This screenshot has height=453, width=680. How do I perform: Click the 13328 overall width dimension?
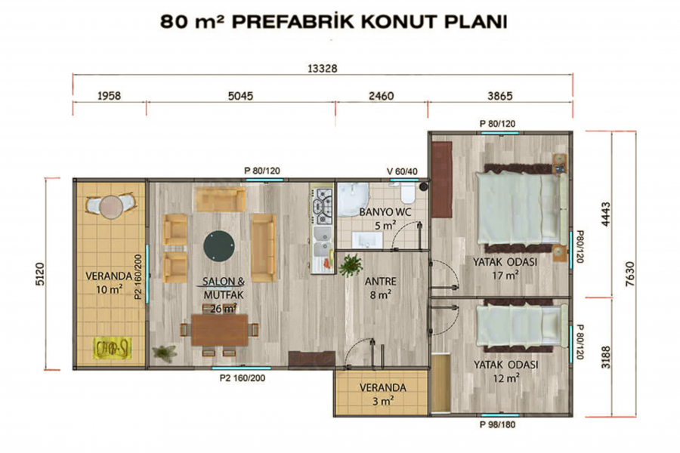pos(323,68)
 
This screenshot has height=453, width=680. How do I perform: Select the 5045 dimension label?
pos(240,96)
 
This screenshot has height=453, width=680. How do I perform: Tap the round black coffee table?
pos(219,245)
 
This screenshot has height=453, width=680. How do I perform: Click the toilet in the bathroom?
pos(407,195)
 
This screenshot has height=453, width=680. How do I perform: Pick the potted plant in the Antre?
pos(350,265)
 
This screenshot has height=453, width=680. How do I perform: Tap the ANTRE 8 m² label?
pos(379,288)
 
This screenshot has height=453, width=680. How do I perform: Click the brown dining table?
pos(219,330)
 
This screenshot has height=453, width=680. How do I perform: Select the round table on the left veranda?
pos(111,205)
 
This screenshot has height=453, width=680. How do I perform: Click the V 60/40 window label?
pos(401,171)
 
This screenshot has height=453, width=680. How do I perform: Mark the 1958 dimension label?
pos(110,96)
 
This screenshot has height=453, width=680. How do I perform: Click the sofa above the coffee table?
pos(220,199)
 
